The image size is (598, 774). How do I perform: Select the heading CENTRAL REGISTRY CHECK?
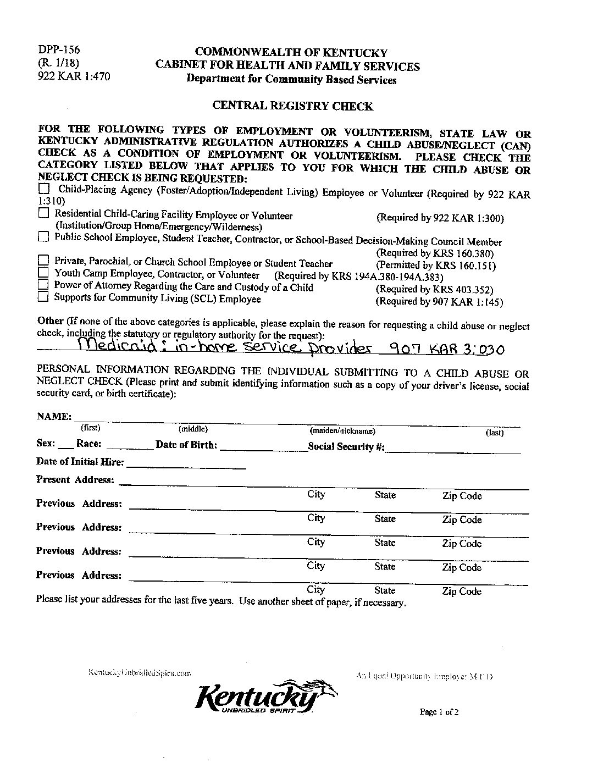point(292,106)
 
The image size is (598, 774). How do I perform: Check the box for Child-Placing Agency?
point(44,189)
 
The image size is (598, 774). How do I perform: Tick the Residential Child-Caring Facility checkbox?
point(43,213)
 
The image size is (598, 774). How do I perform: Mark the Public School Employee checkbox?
point(43,237)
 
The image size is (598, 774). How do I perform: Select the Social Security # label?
point(346,446)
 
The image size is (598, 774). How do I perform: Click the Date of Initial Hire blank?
point(186,467)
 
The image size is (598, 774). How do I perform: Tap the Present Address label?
point(75,479)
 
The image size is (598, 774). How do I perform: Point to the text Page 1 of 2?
point(439,711)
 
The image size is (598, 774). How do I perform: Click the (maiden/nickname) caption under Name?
point(342,432)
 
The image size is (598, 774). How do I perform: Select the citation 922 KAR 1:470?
point(74,77)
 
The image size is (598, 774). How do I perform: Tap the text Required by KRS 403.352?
point(435,289)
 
